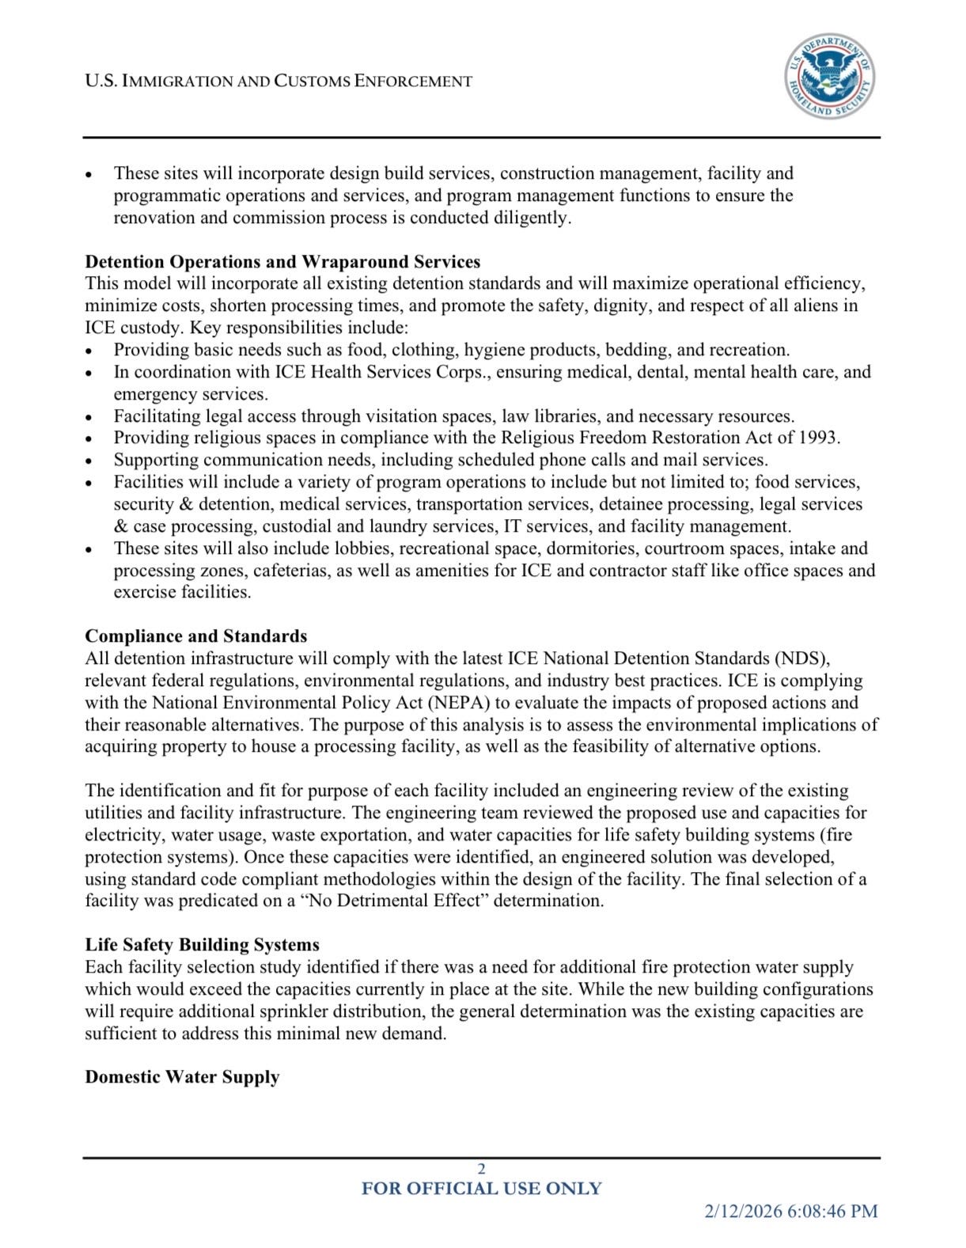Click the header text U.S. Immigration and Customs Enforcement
click(x=278, y=81)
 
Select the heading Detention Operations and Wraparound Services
click(x=282, y=262)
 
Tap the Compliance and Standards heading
click(x=195, y=636)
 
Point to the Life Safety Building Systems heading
click(x=202, y=945)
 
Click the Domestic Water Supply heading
click(x=182, y=1077)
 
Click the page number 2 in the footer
click(x=481, y=1169)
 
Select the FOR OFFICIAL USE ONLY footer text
click(x=481, y=1189)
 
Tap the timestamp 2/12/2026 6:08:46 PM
click(x=791, y=1211)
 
